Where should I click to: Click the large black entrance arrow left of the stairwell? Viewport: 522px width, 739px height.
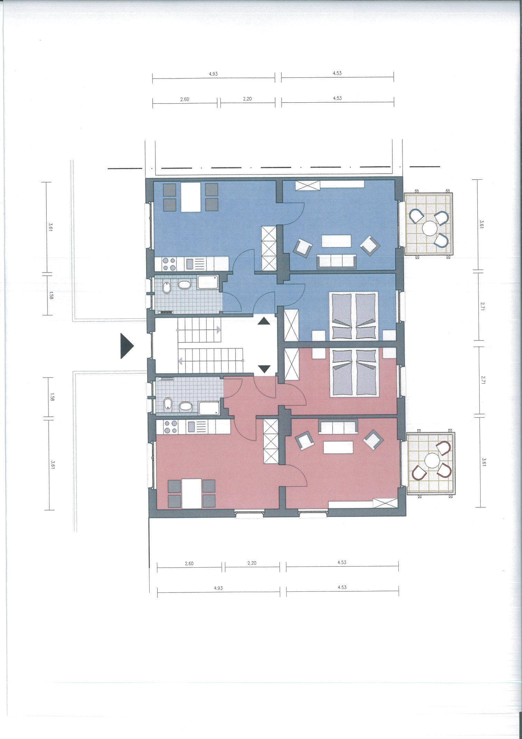126,346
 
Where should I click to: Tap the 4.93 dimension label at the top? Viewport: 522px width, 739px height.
213,74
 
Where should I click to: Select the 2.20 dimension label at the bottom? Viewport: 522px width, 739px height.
252,563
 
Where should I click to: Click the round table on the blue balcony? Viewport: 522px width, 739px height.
429,228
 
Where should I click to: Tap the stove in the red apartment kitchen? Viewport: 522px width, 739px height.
170,427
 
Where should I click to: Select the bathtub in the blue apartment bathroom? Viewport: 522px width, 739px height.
208,282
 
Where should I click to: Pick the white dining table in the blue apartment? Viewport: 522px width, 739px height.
191,197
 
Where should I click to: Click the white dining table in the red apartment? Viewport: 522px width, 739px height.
192,494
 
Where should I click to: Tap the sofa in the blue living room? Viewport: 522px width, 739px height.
337,261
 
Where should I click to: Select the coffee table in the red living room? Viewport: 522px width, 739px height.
338,447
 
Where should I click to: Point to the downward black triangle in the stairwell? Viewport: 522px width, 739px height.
264,369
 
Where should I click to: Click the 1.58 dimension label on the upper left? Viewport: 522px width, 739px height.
51,295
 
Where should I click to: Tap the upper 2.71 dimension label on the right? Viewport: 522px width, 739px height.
482,306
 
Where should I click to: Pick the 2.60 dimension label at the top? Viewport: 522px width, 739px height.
184,99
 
